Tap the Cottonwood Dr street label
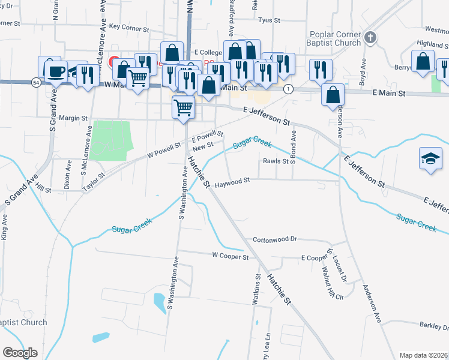pos(275,239)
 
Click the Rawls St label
pos(276,161)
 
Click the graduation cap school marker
pos(430,159)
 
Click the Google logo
pos(20,352)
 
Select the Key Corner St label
pos(128,28)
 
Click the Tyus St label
pos(269,20)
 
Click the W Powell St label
pos(164,150)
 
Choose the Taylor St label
pos(94,182)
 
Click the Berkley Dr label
pos(435,326)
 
